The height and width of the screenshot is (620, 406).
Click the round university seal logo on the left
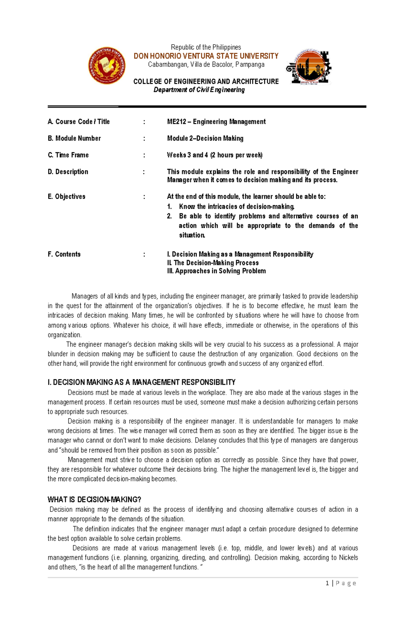(107, 66)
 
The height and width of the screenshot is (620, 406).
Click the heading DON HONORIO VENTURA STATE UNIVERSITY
(206, 56)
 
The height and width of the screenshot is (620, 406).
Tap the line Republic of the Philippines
(206, 47)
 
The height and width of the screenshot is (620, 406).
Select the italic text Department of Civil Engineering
(199, 90)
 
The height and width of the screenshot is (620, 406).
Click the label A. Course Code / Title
(79, 122)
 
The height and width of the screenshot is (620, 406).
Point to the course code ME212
(176, 122)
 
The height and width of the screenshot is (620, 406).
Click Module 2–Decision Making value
(205, 138)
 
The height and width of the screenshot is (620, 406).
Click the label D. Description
(68, 172)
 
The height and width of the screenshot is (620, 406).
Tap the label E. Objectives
(67, 197)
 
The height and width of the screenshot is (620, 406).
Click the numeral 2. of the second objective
(170, 216)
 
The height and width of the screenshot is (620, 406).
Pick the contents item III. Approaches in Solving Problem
(216, 271)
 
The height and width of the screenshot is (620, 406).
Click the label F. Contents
(64, 254)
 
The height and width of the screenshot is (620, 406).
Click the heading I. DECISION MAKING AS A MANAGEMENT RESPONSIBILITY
(141, 382)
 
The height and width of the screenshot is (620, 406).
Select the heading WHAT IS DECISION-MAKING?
(94, 500)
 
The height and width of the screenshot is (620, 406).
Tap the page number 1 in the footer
(327, 583)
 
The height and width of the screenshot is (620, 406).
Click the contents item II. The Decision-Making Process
(213, 263)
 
